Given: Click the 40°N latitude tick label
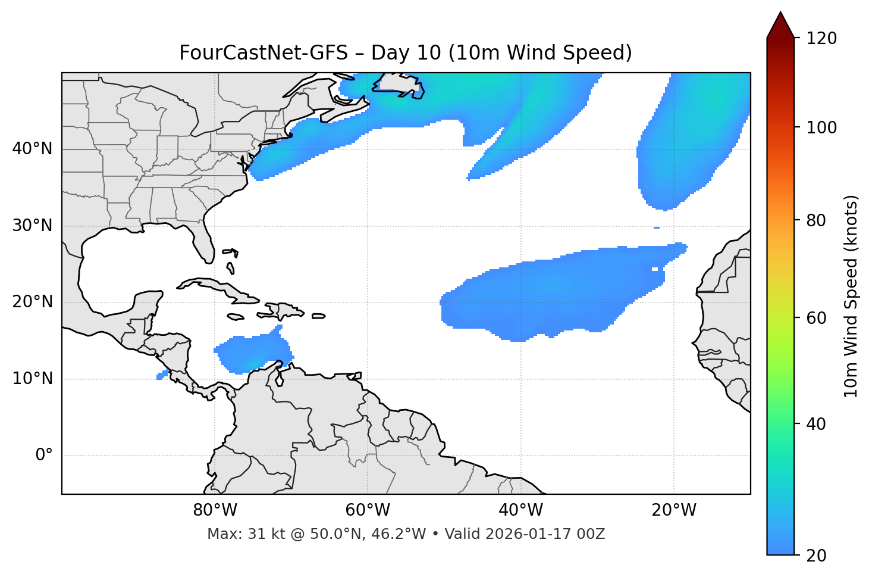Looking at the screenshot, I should tap(32, 149).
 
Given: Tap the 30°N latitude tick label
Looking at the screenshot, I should tap(32, 226).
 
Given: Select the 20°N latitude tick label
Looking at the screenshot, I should tap(32, 302).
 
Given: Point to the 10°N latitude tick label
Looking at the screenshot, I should tap(32, 379).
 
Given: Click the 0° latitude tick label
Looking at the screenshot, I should tap(44, 456).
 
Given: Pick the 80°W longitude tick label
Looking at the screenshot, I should tap(215, 510).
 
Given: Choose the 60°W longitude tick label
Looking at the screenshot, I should tap(368, 510).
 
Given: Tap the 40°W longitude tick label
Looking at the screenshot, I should tap(520, 510).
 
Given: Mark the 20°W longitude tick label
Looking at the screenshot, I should tap(673, 510).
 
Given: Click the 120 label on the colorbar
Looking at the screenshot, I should tap(821, 39).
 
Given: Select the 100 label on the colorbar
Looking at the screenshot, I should tap(821, 127).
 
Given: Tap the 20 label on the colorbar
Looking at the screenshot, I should tap(817, 556).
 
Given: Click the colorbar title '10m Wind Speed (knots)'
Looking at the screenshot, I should tap(851, 296).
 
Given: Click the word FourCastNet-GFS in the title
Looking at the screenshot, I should tap(263, 53).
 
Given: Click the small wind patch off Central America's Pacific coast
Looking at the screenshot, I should tap(162, 375).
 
